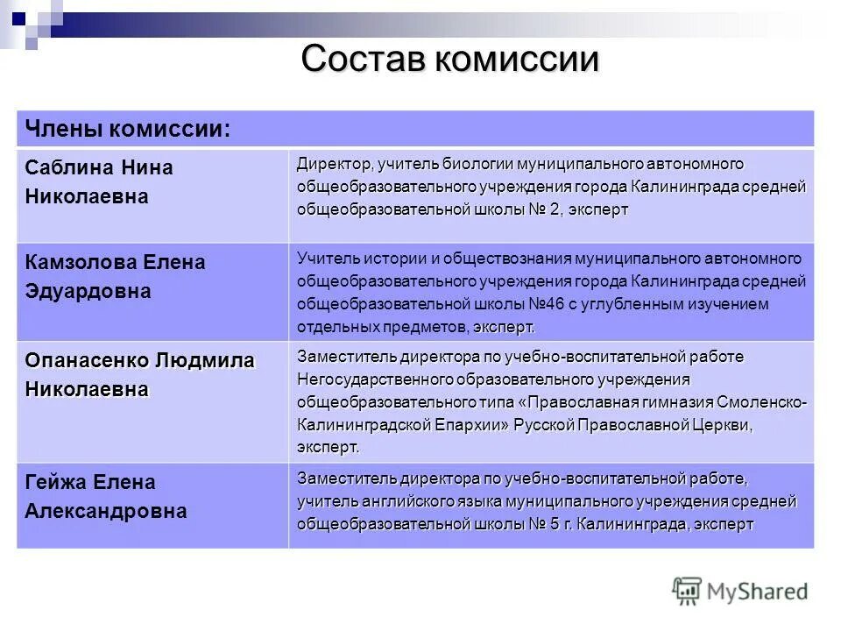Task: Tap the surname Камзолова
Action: (x=79, y=262)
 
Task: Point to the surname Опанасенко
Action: (x=87, y=360)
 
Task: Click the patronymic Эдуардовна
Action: (x=88, y=292)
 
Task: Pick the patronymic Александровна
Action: (x=105, y=511)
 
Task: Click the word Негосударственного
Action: (x=374, y=379)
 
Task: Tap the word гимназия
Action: (x=672, y=402)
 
